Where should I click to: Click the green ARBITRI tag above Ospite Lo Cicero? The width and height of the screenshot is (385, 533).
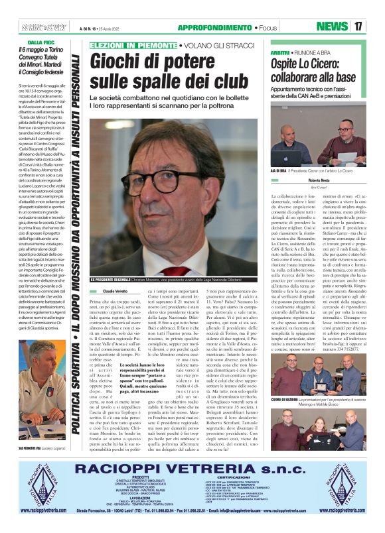click(281, 52)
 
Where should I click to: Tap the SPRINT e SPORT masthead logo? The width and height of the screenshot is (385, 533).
click(50, 27)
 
